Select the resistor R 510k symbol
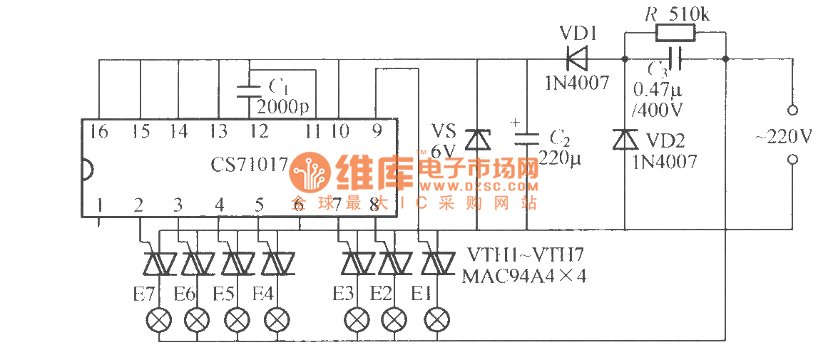coord(675,33)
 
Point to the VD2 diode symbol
coord(625,139)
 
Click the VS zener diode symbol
coord(476,139)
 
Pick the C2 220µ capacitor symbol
coord(527,138)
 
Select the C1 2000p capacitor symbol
coord(250,90)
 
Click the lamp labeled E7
coord(158,319)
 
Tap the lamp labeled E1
coord(437,319)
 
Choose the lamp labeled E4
coord(277,319)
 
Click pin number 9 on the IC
coord(377,130)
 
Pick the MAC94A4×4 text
coord(524,275)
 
